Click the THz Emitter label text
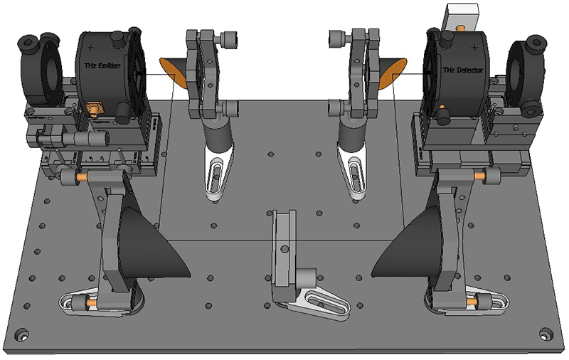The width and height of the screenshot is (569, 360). click(x=102, y=66)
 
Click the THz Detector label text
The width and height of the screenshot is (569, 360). click(x=463, y=70)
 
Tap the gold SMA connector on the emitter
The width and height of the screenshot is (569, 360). click(x=95, y=109)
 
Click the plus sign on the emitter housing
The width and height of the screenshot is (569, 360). click(x=91, y=48)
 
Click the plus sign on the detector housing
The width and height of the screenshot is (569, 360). click(x=474, y=48)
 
